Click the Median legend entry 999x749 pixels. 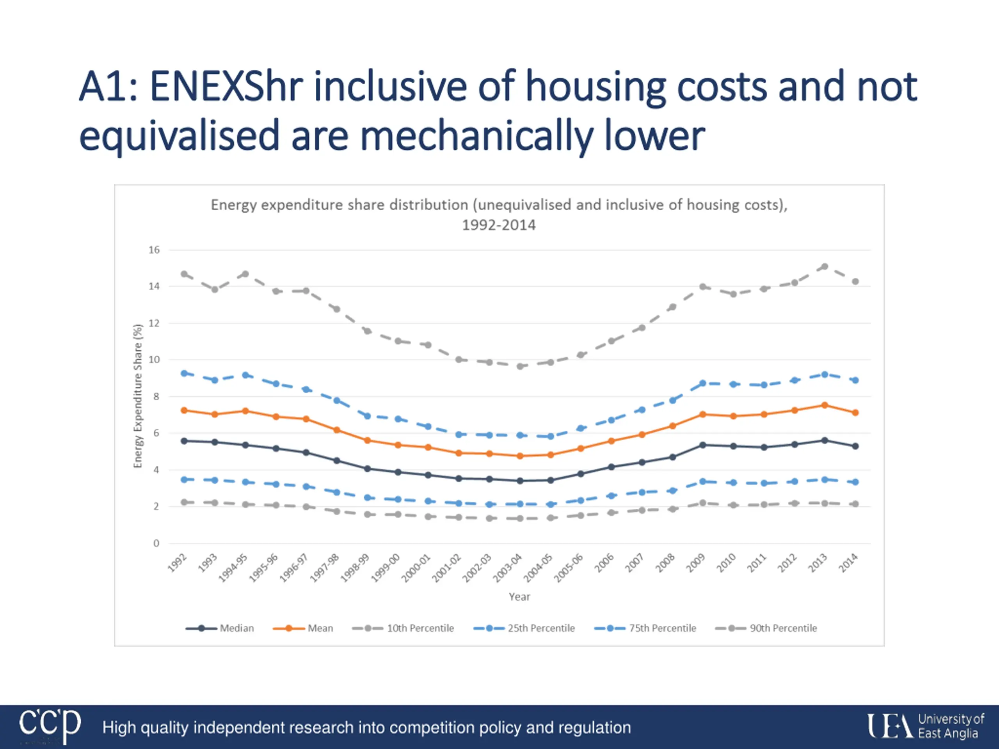[x=220, y=628]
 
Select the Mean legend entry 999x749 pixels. [x=303, y=628]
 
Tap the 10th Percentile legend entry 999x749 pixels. [x=403, y=628]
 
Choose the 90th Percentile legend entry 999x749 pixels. [x=766, y=628]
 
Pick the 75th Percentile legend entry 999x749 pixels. [x=645, y=628]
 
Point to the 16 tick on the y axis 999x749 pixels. [x=155, y=250]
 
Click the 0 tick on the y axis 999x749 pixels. [x=156, y=543]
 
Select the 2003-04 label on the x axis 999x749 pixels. [x=507, y=568]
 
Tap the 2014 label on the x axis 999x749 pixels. [x=848, y=563]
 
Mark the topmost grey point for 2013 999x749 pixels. [x=825, y=266]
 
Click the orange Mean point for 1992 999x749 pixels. [x=184, y=410]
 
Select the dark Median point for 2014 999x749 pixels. [x=855, y=446]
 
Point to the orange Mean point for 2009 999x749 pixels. [x=703, y=414]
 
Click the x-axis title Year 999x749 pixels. [x=519, y=596]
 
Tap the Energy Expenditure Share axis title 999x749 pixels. [x=138, y=396]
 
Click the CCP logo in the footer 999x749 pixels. [x=50, y=725]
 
